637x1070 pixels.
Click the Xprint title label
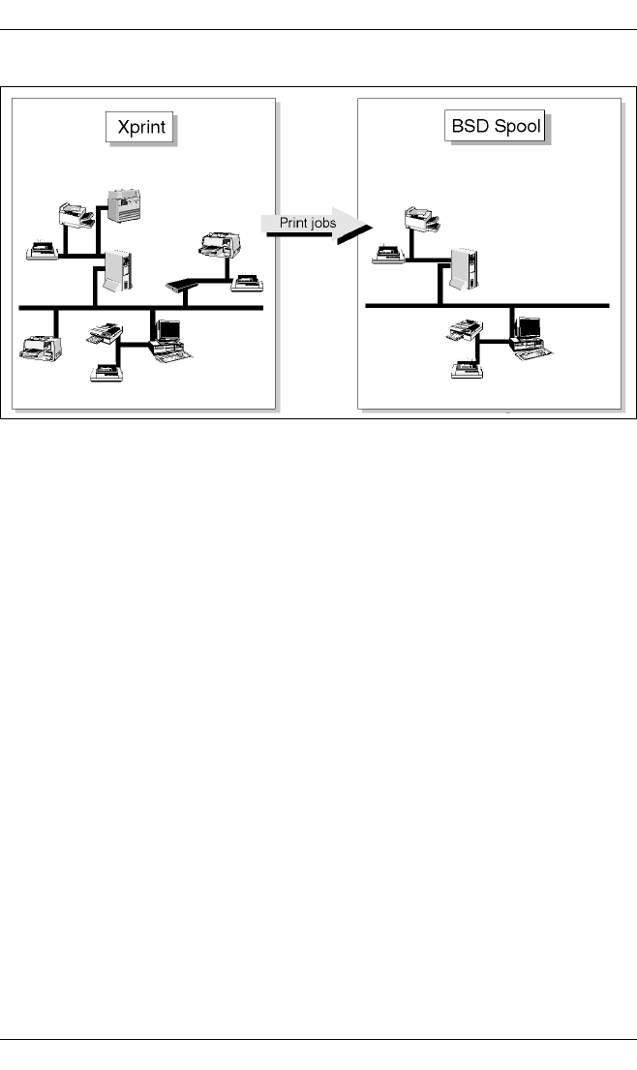(x=140, y=129)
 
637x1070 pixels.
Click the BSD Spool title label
(x=497, y=128)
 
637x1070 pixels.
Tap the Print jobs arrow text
(x=308, y=222)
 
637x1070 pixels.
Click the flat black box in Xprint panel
(x=187, y=285)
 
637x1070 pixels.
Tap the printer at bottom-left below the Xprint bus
(x=41, y=346)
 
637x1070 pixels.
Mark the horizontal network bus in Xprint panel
(x=141, y=308)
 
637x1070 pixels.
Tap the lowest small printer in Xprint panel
(x=106, y=371)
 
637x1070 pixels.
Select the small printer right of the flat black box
(x=247, y=283)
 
